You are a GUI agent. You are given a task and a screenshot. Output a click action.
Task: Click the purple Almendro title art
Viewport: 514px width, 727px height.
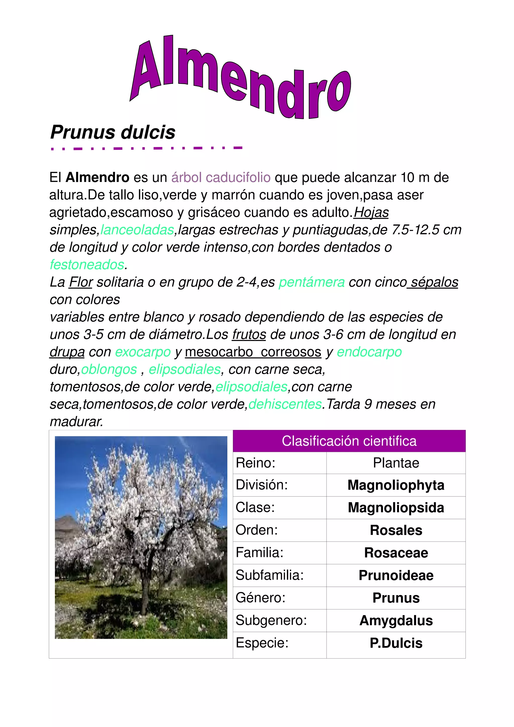[241, 78]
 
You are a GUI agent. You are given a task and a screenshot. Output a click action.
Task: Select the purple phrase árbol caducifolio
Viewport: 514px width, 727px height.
[221, 178]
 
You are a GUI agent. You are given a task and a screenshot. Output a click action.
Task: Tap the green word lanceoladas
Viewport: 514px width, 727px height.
[137, 230]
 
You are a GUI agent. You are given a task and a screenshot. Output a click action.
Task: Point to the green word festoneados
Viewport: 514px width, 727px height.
[87, 265]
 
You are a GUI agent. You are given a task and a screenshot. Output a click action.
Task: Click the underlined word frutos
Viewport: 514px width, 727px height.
[249, 334]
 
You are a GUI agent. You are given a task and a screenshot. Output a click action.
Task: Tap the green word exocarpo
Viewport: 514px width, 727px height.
[143, 352]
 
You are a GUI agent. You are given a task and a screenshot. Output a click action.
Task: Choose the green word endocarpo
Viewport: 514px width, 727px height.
[369, 352]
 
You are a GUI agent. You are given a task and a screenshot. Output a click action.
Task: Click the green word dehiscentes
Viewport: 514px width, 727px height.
[285, 404]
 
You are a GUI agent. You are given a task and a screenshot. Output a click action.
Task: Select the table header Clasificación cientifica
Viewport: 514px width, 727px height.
[349, 441]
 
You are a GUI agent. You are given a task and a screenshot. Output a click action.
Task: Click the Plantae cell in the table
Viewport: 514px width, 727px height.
[396, 463]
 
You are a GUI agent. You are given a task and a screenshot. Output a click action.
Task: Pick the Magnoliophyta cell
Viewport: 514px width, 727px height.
[396, 485]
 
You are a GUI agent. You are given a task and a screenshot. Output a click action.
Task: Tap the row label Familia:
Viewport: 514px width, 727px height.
[259, 553]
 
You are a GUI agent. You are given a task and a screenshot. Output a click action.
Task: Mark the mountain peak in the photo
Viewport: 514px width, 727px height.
[67, 517]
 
